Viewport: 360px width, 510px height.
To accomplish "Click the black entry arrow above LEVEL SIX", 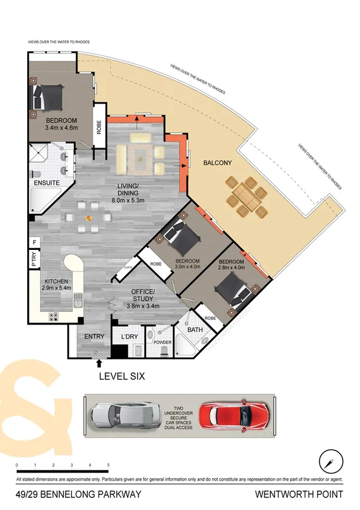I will pyautogui.click(x=98, y=362).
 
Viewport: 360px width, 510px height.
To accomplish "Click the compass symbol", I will pyautogui.click(x=328, y=459).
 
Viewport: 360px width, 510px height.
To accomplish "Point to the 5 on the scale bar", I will pyautogui.click(x=108, y=465).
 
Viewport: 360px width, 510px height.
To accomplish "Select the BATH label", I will pyautogui.click(x=194, y=330).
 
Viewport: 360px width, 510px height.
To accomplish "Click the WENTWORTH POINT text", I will pyautogui.click(x=299, y=495).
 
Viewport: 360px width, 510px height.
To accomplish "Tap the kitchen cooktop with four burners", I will pyautogui.click(x=53, y=316).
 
